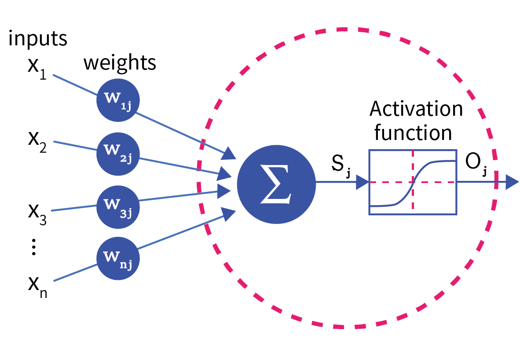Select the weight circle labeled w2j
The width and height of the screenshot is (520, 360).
(x=118, y=152)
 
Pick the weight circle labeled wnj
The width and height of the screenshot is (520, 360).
(x=118, y=257)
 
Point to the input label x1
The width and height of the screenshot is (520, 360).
(x=37, y=70)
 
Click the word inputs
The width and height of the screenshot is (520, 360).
(x=38, y=39)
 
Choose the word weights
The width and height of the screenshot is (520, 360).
(x=120, y=63)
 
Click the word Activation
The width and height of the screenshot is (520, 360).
(x=416, y=109)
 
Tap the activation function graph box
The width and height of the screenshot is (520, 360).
(x=413, y=182)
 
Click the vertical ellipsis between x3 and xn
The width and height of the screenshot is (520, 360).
(x=34, y=249)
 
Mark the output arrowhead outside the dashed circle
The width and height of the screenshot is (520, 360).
(x=512, y=182)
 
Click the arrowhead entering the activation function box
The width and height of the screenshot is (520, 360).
(x=363, y=182)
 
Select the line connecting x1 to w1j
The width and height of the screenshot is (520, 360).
(x=75, y=84)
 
